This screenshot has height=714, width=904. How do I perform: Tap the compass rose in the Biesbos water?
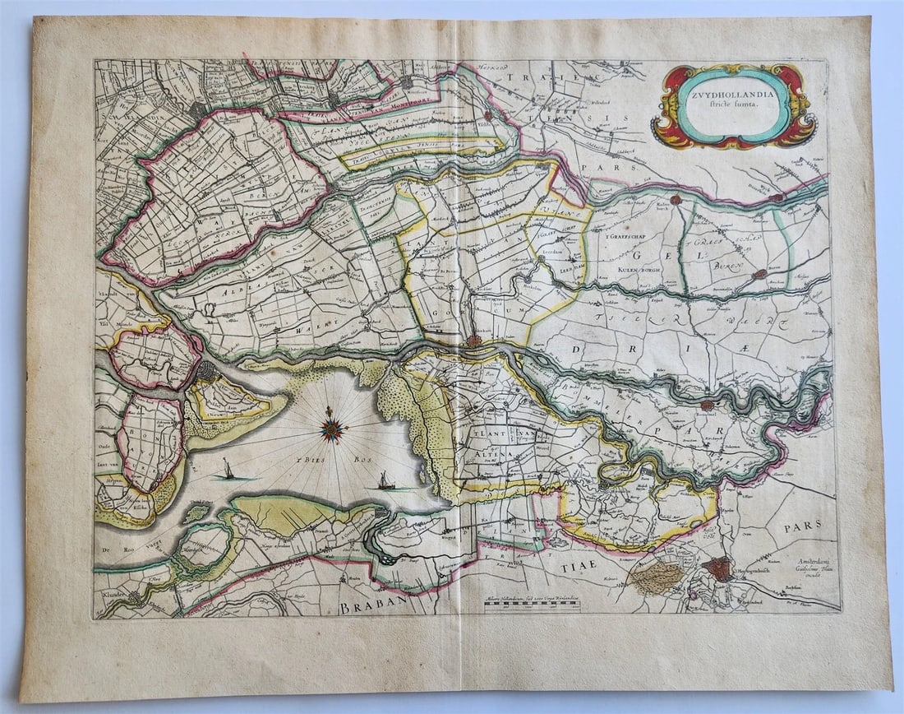(332, 426)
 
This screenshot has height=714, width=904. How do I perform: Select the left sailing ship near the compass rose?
(227, 471)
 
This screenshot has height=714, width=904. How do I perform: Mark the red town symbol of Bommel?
(706, 405)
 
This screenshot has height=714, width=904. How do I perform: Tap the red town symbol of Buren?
(759, 274)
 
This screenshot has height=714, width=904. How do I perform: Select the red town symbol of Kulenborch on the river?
(675, 200)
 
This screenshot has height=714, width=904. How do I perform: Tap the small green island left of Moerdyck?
(196, 513)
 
